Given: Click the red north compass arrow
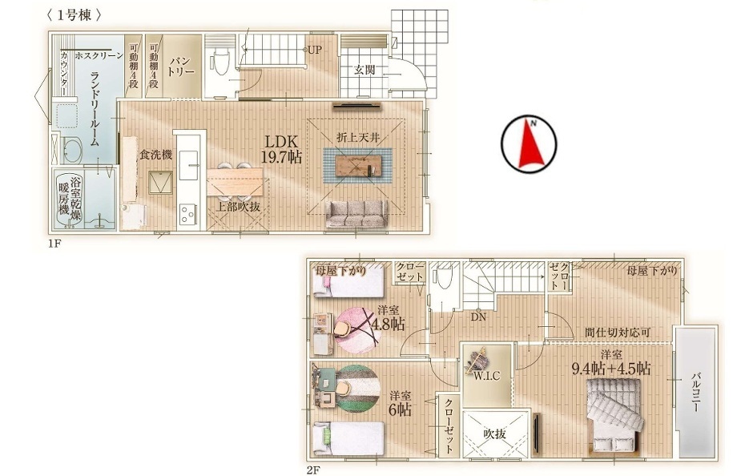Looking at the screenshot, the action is tap(530, 143).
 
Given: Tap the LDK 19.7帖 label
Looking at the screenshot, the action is tap(281, 150).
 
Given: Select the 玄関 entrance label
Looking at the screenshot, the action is tap(364, 70).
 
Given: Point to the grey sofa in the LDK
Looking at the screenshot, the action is tap(357, 214).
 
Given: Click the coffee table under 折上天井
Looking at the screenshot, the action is tap(358, 164).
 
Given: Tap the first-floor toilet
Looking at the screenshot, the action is tap(219, 66).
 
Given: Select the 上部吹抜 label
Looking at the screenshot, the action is tap(238, 207).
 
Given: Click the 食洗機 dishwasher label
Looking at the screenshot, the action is tap(155, 155).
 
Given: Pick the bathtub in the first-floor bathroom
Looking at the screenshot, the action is tap(69, 200).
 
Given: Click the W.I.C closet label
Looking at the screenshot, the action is tap(486, 376).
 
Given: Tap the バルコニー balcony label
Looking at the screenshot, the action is tap(696, 391).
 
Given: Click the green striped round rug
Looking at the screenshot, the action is tap(358, 388).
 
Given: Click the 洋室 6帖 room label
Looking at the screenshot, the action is tap(400, 402).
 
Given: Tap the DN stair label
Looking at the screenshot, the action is tap(478, 317).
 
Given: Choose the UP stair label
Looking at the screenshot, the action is tap(315, 50).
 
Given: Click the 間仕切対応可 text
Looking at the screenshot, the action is tap(618, 332).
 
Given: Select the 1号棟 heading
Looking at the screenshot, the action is tap(74, 14).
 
